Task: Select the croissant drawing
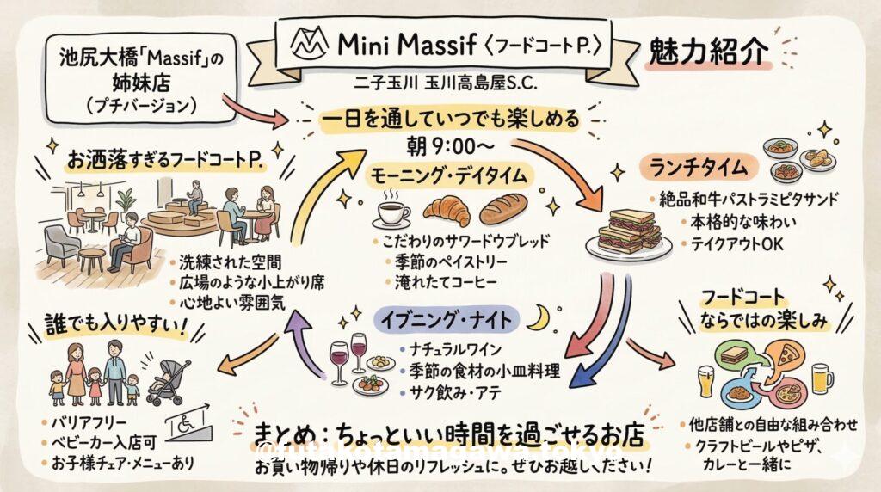tap(447, 210)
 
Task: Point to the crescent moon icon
tap(538, 319)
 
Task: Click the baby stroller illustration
tap(167, 381)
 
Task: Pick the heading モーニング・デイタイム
tap(452, 175)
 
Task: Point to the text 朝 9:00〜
tap(450, 145)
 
